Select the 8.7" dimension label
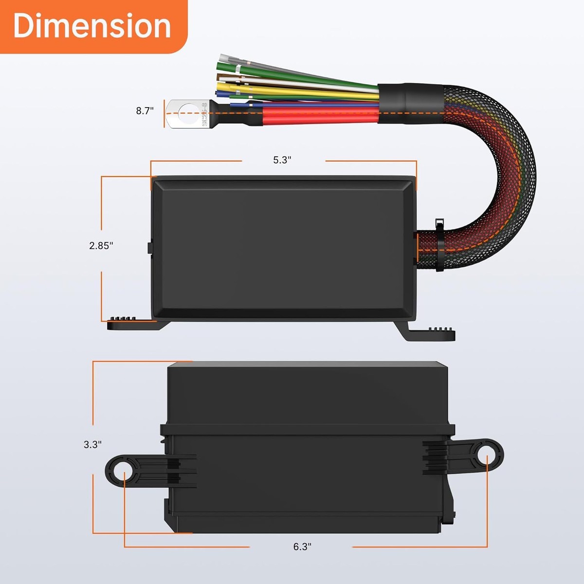[145, 111]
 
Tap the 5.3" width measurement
[282, 160]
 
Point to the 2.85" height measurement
[101, 246]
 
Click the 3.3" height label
[92, 444]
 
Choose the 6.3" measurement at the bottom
[302, 547]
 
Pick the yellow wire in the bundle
[302, 92]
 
